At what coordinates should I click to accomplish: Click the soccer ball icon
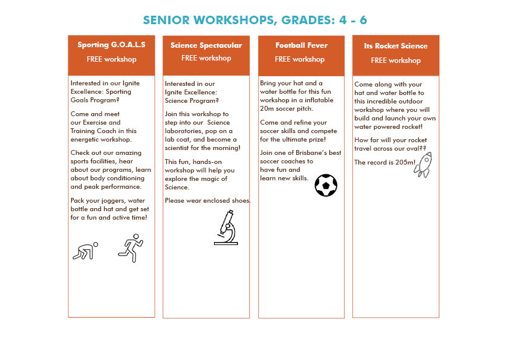click(x=326, y=185)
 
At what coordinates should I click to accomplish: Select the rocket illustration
click(x=423, y=164)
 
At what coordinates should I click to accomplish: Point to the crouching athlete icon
click(x=85, y=250)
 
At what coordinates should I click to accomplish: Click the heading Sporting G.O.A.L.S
click(x=111, y=45)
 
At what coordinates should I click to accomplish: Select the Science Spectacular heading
click(x=206, y=45)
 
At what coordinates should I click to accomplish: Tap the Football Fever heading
click(x=301, y=45)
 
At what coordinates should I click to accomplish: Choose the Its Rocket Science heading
click(x=395, y=46)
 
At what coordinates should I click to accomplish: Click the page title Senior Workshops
click(x=254, y=20)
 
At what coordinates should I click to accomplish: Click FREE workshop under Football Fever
click(x=300, y=59)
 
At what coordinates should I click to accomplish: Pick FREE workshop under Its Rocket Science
click(x=395, y=61)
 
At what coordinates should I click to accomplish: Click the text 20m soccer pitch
click(x=287, y=109)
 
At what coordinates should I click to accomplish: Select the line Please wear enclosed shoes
click(x=207, y=201)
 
